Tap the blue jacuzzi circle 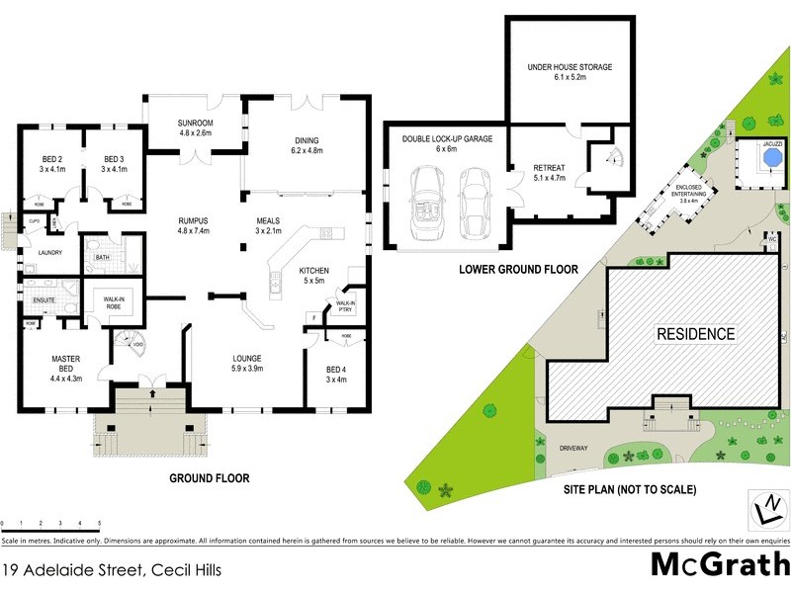(760, 164)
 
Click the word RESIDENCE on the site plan (696, 334)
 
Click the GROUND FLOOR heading (209, 478)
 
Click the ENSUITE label (44, 298)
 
